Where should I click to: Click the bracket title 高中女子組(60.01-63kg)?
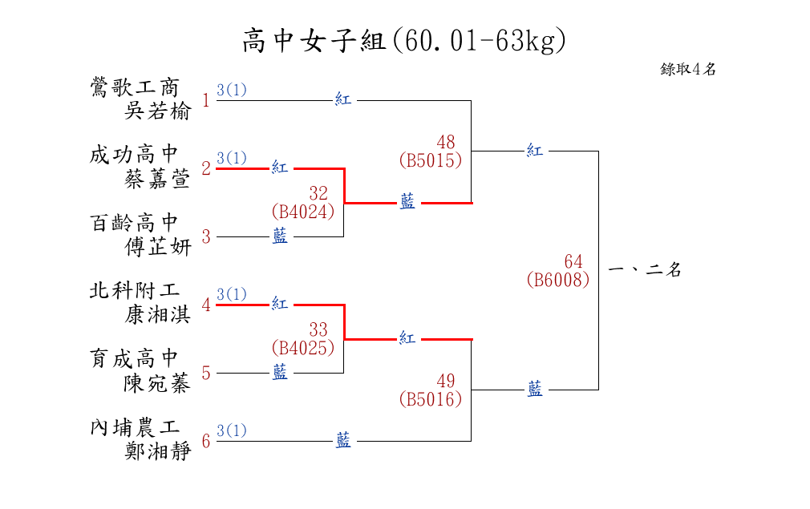click(404, 40)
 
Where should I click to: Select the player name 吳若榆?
click(158, 111)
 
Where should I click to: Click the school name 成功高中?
click(134, 154)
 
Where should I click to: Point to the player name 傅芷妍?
click(158, 248)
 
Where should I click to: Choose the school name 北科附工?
click(134, 290)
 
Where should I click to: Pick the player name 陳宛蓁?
click(158, 384)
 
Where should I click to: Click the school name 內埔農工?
click(134, 426)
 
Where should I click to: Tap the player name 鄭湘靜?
click(158, 452)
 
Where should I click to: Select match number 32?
click(318, 193)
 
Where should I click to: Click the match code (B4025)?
click(303, 348)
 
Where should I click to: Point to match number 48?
click(446, 142)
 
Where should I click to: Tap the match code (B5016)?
click(431, 398)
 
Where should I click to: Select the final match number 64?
click(573, 262)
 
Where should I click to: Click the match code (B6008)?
click(558, 280)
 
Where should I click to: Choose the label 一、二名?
click(646, 270)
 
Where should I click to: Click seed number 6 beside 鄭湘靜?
click(206, 441)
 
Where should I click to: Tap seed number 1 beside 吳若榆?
click(206, 100)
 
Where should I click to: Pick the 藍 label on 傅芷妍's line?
click(280, 236)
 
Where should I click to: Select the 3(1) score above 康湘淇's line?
click(232, 294)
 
